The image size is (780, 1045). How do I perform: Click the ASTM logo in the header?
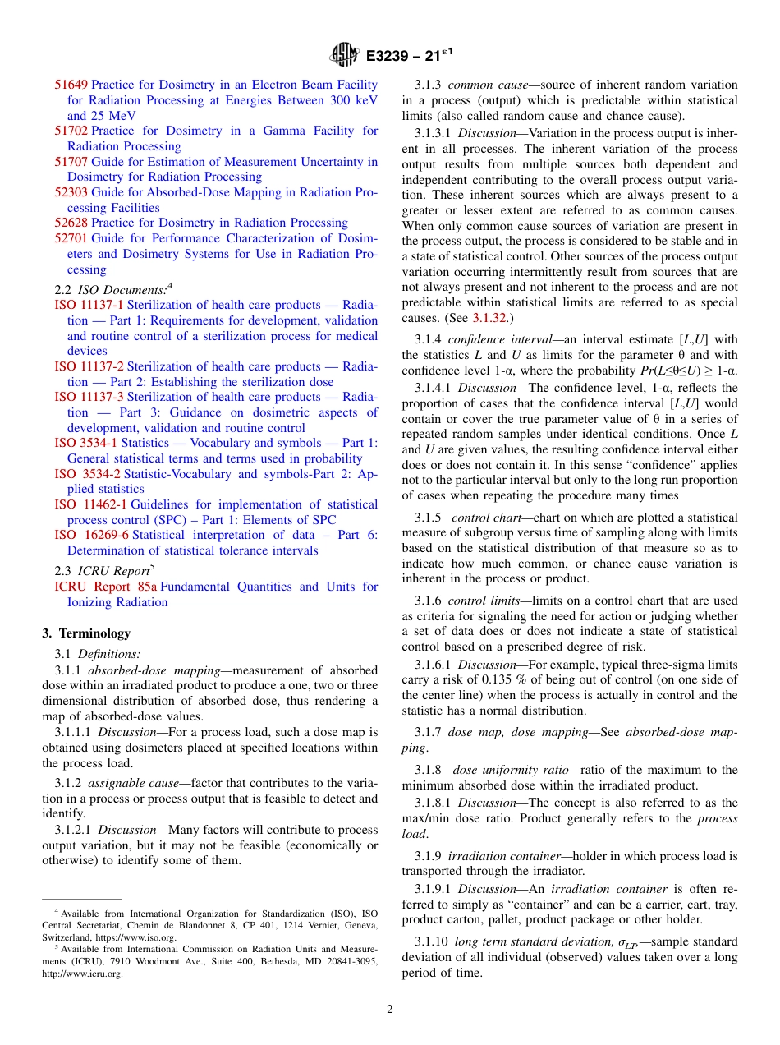[344, 55]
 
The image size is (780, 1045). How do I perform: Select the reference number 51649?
[71, 85]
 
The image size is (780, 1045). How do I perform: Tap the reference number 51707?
[71, 162]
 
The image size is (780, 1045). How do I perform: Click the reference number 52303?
[71, 192]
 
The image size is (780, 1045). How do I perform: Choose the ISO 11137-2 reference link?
[89, 366]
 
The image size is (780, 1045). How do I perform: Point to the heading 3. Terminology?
[86, 633]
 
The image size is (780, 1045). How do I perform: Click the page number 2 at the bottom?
[390, 1010]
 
